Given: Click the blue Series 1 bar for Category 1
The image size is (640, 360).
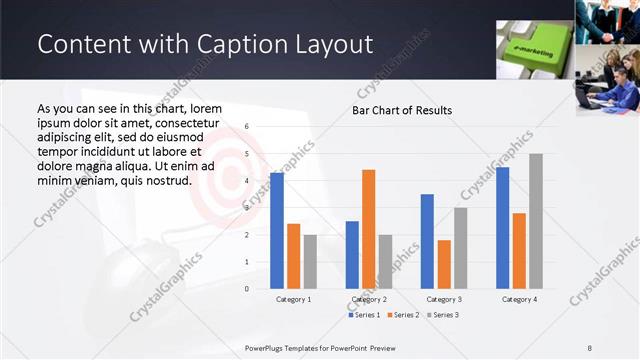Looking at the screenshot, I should click(x=277, y=230).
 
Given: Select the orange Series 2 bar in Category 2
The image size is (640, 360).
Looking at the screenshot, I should click(x=368, y=229).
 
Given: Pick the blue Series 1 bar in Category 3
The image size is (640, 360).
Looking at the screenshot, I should click(x=427, y=241).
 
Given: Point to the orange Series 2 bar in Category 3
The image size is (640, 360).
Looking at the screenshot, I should click(x=444, y=264).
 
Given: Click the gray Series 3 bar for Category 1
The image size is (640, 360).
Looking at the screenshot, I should click(x=310, y=261).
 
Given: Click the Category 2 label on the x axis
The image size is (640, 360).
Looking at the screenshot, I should click(x=369, y=299).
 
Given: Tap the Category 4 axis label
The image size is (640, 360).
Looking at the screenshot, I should click(x=520, y=299).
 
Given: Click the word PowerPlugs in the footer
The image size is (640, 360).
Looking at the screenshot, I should click(x=267, y=346).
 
